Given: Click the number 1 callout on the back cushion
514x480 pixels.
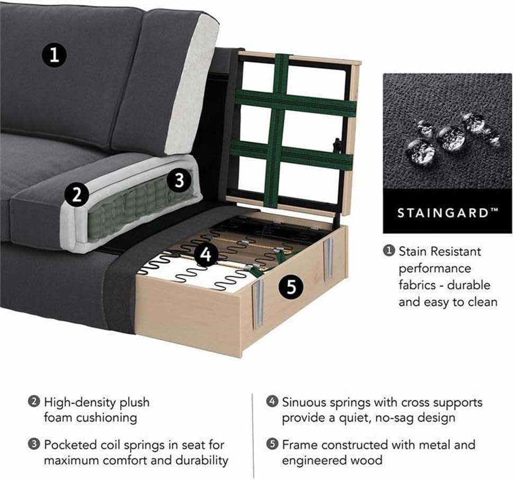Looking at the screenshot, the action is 55,55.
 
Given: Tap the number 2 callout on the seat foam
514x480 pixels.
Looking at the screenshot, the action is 77,194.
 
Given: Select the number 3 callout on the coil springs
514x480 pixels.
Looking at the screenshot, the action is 179,180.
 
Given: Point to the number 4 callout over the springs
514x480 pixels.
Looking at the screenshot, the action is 206,254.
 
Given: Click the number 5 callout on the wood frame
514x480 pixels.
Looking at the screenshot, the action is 291,287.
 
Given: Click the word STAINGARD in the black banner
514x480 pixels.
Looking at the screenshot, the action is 443,213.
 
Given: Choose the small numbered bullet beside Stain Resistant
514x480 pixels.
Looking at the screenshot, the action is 389,251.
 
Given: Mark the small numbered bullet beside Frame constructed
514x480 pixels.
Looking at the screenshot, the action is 272,444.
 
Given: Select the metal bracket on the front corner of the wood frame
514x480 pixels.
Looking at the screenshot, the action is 258,303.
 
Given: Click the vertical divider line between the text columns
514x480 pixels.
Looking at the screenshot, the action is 253,436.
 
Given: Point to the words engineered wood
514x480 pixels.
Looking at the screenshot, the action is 332,460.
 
